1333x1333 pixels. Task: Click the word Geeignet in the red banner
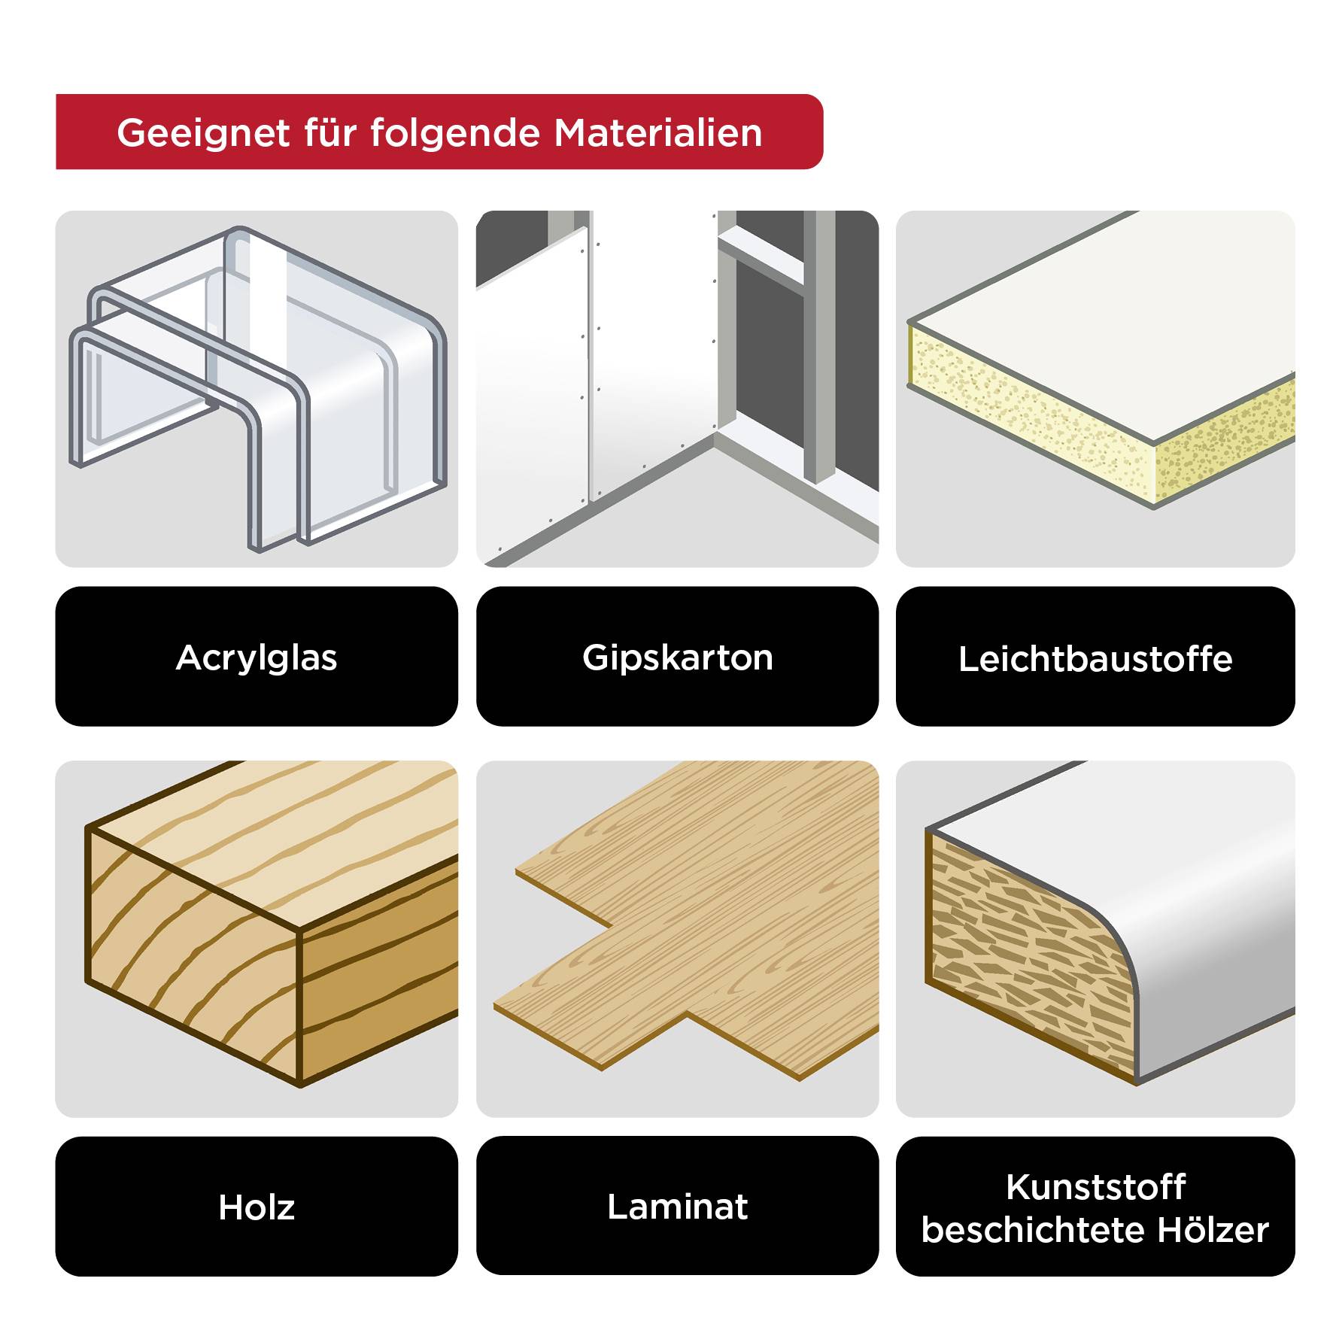pos(203,133)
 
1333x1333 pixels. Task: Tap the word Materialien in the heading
pos(658,133)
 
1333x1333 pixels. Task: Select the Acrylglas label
pos(257,657)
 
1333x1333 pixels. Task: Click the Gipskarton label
pos(677,657)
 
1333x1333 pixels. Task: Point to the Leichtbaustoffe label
pos(1095,659)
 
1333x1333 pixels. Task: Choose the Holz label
pos(257,1207)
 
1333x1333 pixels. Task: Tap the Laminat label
pos(677,1207)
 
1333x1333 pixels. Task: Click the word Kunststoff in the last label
pos(1095,1187)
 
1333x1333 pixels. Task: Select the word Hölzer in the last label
pos(1213,1231)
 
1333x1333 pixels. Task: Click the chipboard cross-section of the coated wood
pos(1023,955)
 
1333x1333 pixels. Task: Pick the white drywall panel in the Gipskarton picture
pos(534,399)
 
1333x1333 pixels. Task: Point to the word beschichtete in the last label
pos(1034,1231)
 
